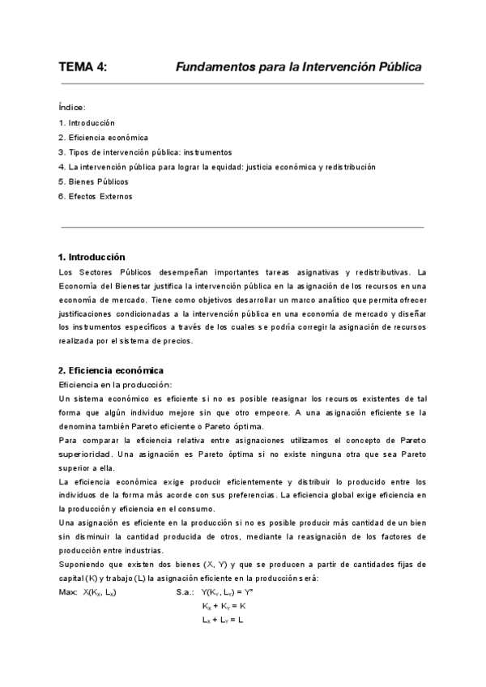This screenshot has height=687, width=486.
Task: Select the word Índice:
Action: [72, 107]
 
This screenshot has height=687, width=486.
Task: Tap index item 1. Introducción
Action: [87, 122]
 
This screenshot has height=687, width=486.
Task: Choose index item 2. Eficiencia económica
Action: [103, 137]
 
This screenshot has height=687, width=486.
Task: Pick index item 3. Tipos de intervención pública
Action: [145, 151]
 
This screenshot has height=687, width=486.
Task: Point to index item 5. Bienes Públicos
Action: [93, 181]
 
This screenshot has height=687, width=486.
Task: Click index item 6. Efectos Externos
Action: [95, 196]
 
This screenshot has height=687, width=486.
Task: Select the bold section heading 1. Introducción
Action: [92, 256]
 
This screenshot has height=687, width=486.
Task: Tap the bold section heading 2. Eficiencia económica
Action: [111, 369]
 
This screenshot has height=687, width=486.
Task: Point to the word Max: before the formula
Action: [69, 593]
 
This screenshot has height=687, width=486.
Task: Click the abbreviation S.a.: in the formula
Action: [186, 593]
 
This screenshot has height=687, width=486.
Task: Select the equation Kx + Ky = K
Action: [224, 606]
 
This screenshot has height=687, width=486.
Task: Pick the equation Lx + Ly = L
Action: [223, 620]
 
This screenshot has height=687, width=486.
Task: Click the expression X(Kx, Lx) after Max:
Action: [99, 593]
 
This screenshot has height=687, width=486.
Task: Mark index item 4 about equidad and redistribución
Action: [217, 166]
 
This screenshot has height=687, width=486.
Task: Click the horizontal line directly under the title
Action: [241, 83]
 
